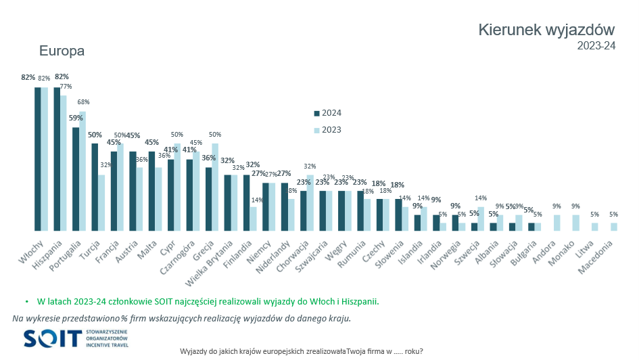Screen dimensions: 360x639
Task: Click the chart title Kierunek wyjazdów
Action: pyautogui.click(x=546, y=30)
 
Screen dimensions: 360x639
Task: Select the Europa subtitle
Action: pyautogui.click(x=62, y=51)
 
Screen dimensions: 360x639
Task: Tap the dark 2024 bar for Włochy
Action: pyautogui.click(x=39, y=159)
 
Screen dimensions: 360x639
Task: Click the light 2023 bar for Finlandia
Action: pyautogui.click(x=253, y=219)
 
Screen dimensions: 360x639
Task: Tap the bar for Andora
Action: pyautogui.click(x=556, y=223)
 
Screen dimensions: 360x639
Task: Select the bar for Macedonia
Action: pyautogui.click(x=613, y=227)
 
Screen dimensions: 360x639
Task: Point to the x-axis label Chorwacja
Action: pyautogui.click(x=291, y=257)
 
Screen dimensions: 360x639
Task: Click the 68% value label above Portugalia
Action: pyautogui.click(x=83, y=102)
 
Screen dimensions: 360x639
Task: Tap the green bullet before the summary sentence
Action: pyautogui.click(x=26, y=301)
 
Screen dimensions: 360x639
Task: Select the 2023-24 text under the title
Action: pyautogui.click(x=596, y=46)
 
